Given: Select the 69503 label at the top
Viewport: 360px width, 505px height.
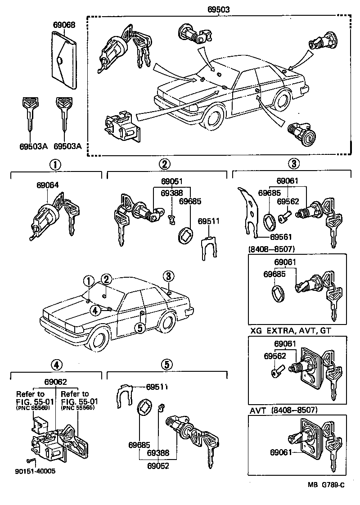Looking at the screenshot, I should (x=219, y=9).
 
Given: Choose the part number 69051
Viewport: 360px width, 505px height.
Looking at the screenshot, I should (x=172, y=181).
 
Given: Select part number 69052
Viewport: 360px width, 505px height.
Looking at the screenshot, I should (x=158, y=466).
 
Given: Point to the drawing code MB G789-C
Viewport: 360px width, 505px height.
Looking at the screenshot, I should (x=326, y=485).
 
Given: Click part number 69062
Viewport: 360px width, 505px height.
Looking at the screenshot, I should (x=55, y=382).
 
